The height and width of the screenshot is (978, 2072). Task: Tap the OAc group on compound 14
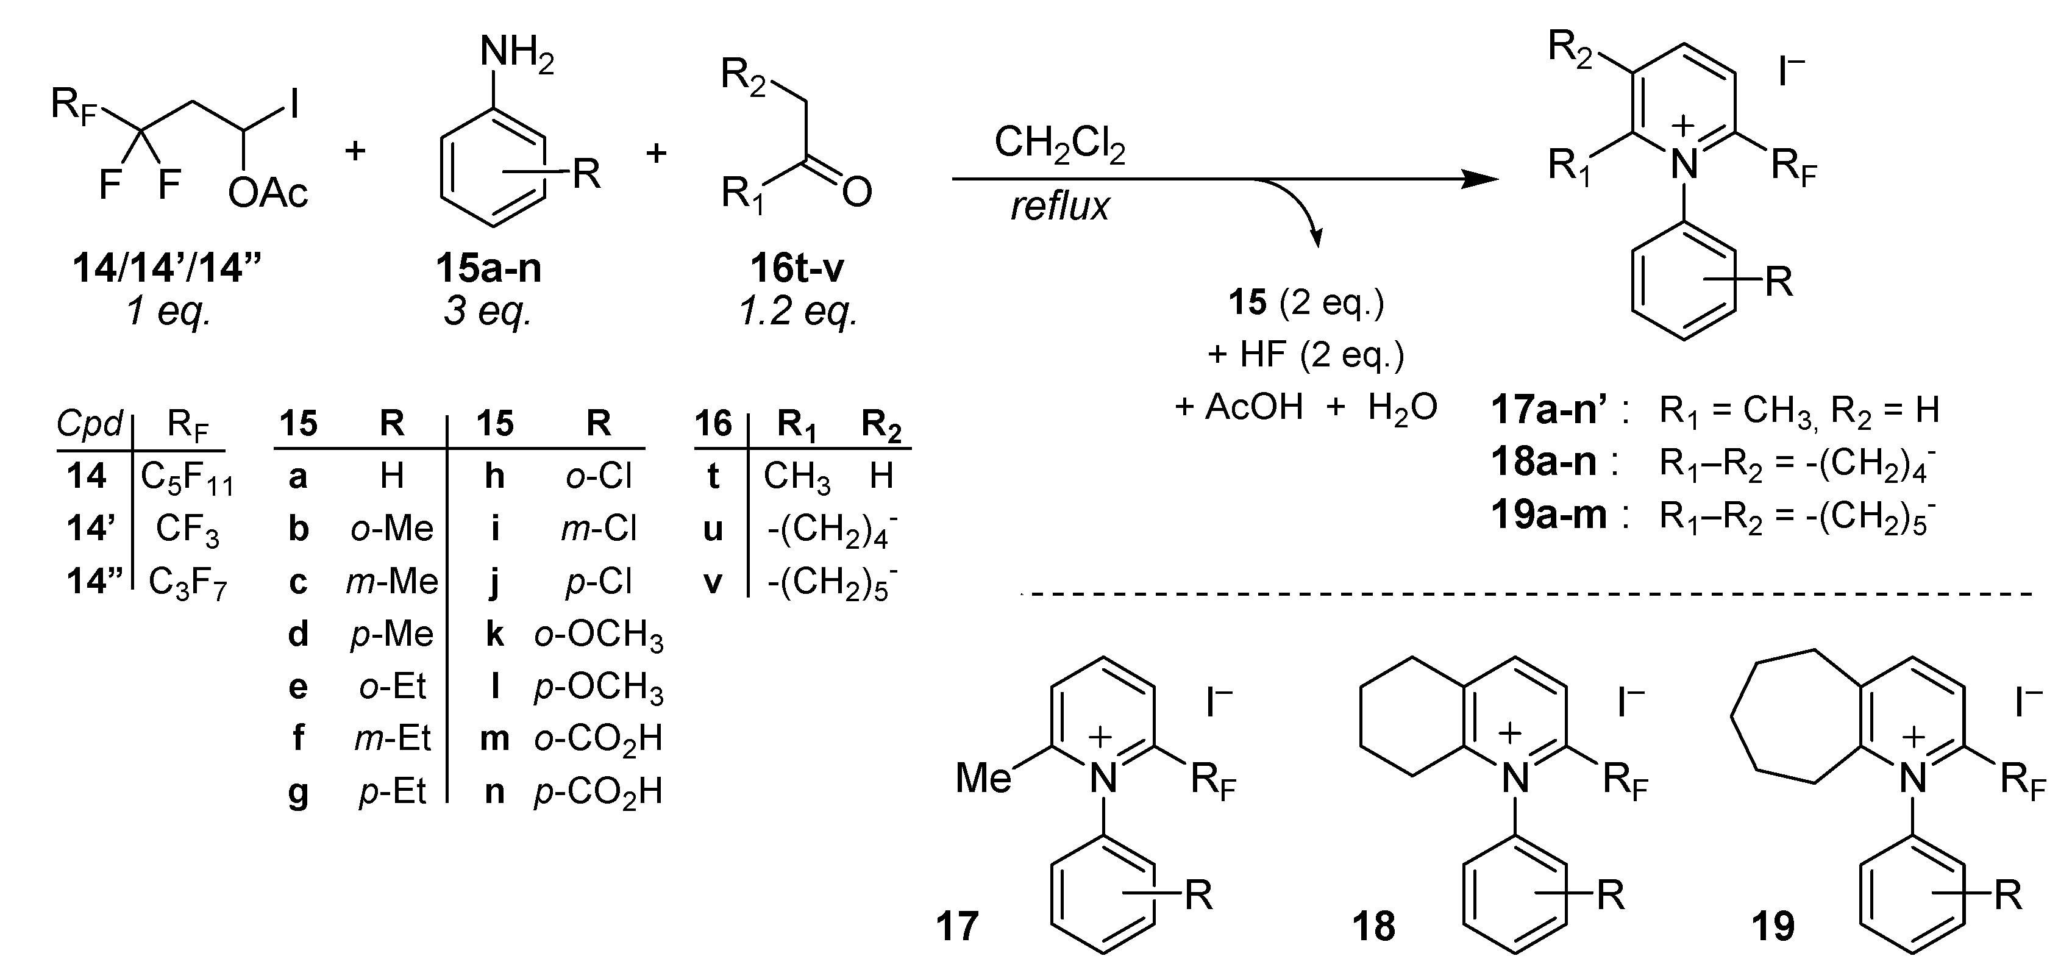(x=268, y=193)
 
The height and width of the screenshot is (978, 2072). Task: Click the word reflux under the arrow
(x=1059, y=207)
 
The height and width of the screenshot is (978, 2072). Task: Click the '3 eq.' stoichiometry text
(x=488, y=310)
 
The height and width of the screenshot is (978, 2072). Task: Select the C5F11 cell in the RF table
(x=187, y=479)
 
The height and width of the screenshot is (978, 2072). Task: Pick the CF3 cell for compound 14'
(x=187, y=530)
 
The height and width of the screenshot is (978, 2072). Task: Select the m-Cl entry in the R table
(x=599, y=529)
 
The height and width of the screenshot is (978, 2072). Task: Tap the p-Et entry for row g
(x=392, y=792)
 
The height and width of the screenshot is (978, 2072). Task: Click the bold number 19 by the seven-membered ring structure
(x=1772, y=927)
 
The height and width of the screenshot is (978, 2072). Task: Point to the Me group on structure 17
(x=983, y=778)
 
